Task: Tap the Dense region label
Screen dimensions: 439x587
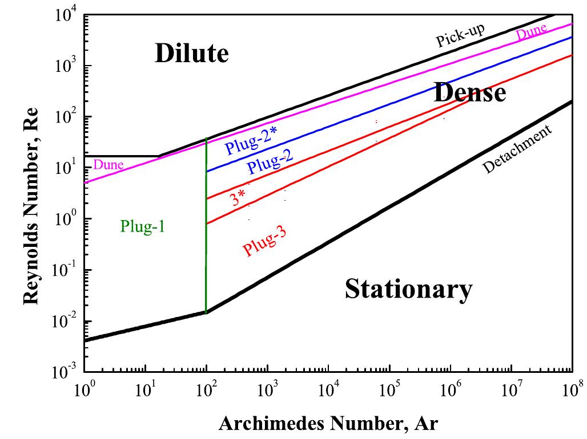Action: click(469, 92)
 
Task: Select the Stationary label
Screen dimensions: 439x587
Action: click(408, 289)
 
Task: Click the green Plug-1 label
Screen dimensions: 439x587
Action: click(143, 226)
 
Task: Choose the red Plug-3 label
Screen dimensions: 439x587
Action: click(264, 242)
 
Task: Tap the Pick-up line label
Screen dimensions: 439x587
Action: click(460, 36)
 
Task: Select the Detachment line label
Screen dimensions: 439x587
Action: click(518, 149)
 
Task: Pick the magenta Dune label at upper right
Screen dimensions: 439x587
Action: click(531, 33)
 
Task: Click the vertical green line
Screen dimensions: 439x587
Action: click(206, 228)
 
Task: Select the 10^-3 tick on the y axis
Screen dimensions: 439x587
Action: click(66, 373)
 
